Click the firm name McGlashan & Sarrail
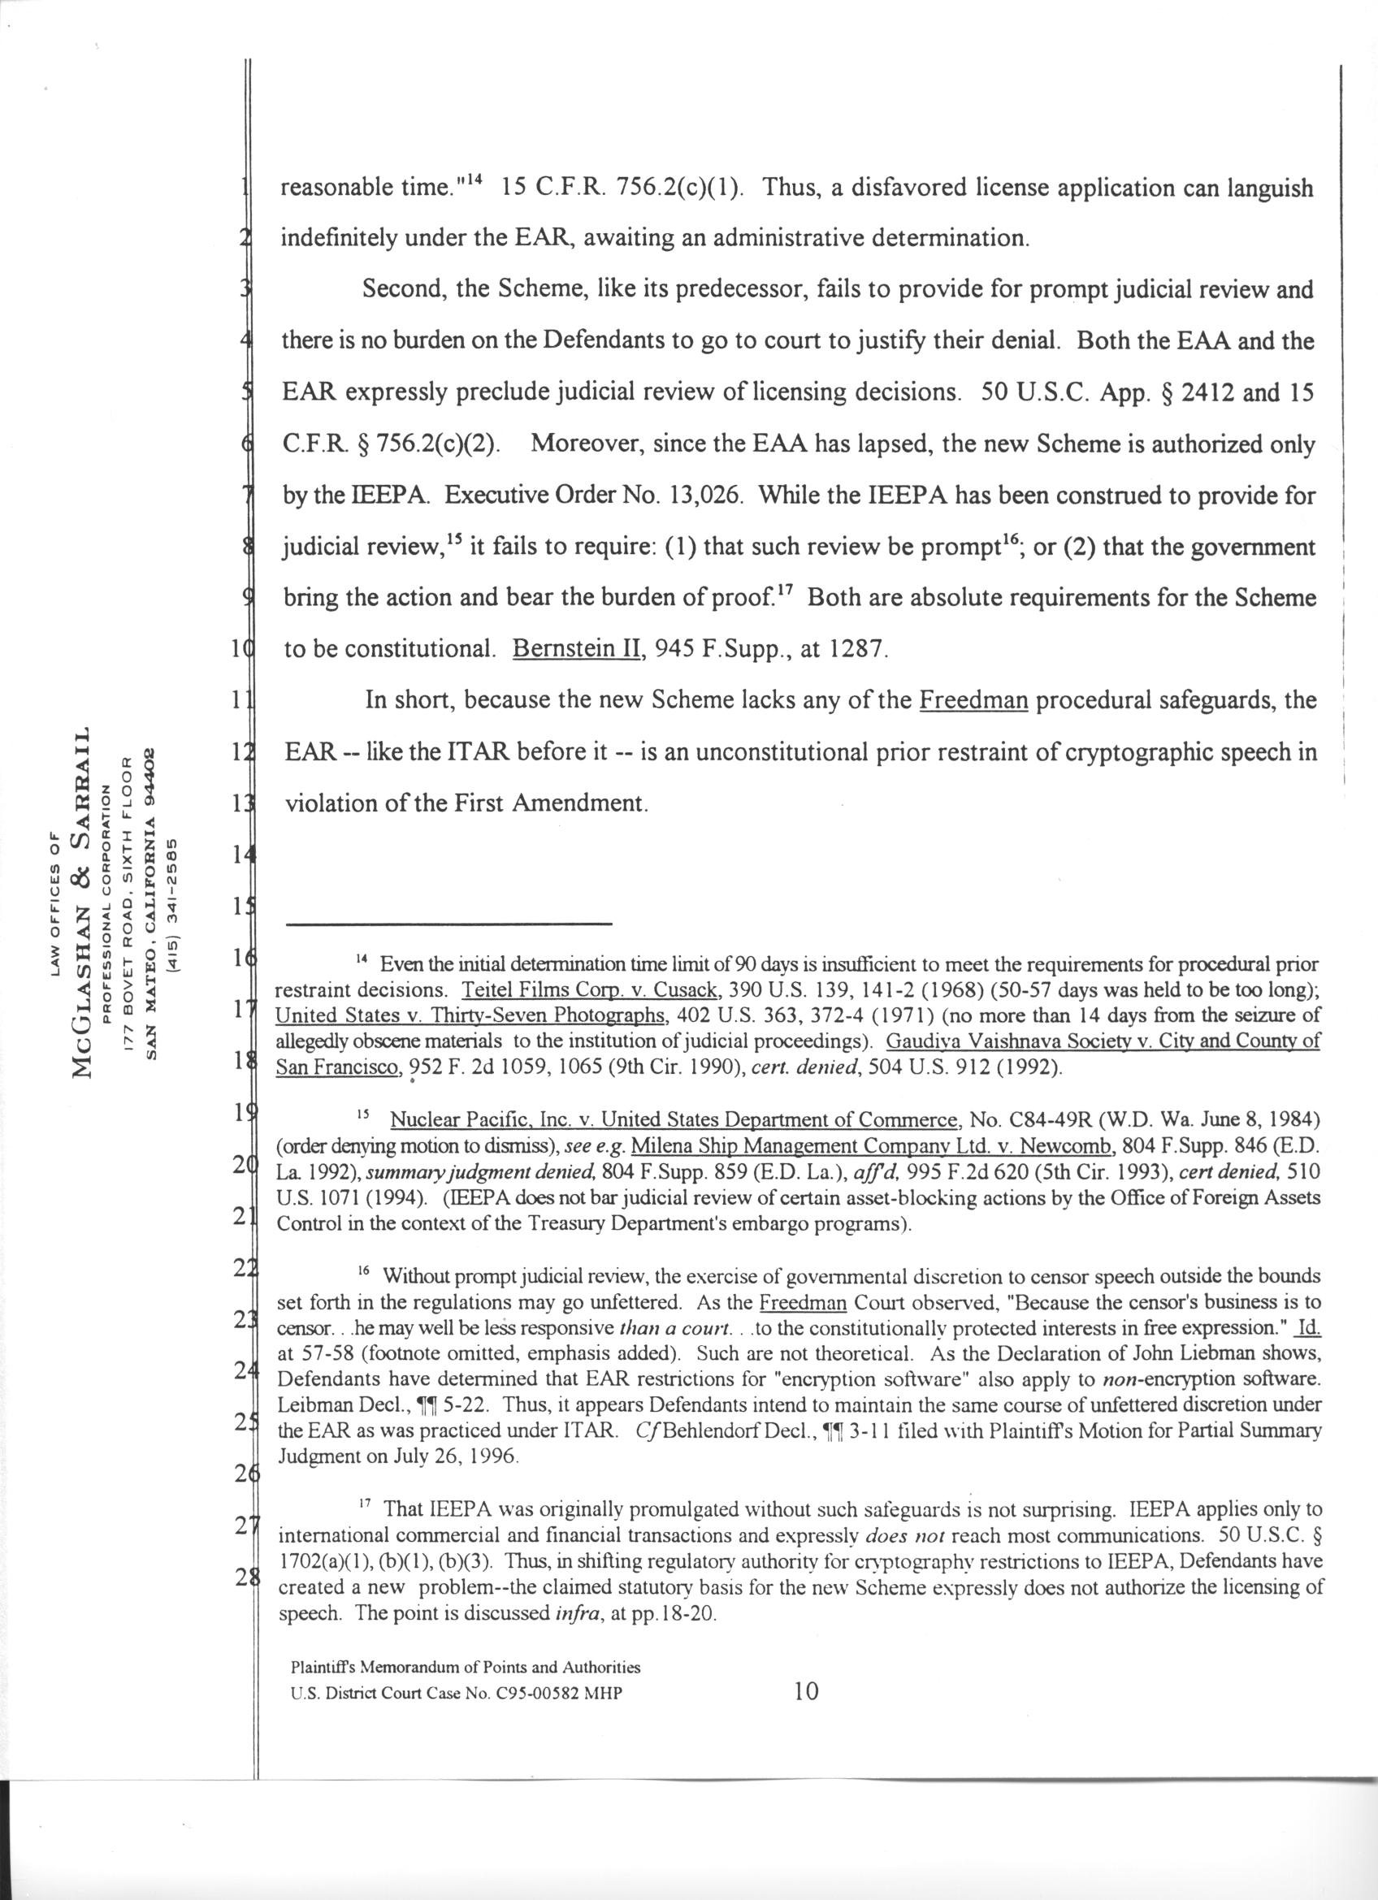(82, 913)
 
